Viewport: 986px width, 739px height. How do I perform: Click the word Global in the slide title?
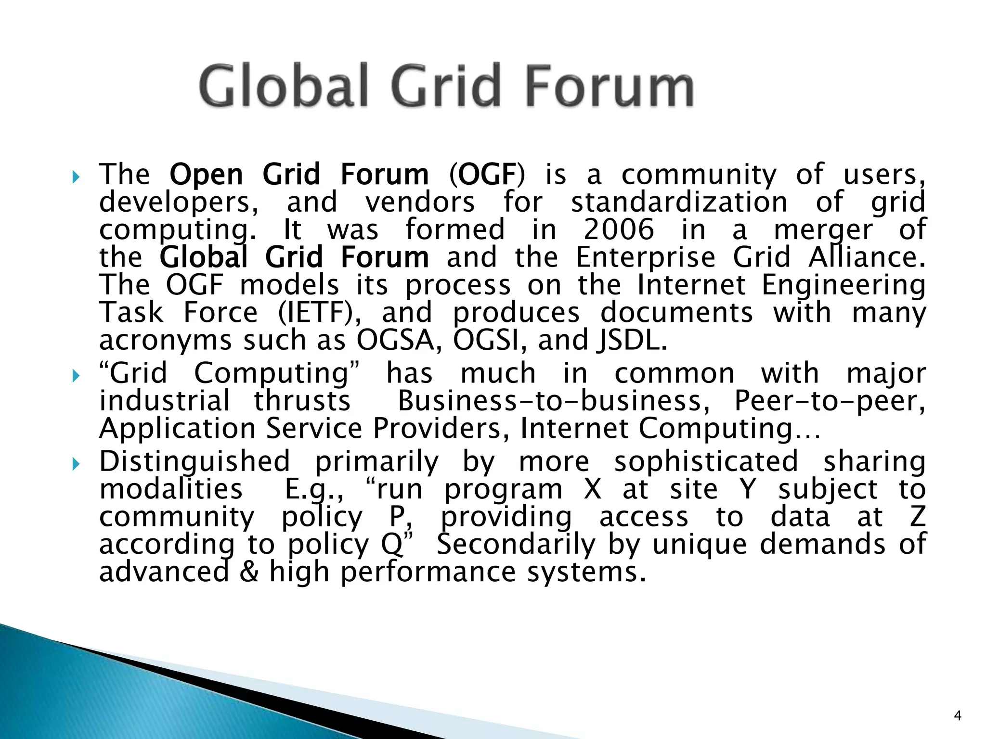(x=284, y=87)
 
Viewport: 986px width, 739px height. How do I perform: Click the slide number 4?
(x=957, y=716)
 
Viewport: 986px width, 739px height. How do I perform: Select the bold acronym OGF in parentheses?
(x=487, y=175)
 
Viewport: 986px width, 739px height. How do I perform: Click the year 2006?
(x=619, y=230)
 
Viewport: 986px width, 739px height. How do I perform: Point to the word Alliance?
(x=867, y=257)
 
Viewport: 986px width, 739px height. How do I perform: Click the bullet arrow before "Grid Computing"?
(x=75, y=376)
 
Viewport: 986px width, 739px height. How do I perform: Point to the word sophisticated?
(x=706, y=462)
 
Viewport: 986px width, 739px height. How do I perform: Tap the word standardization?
(x=679, y=203)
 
